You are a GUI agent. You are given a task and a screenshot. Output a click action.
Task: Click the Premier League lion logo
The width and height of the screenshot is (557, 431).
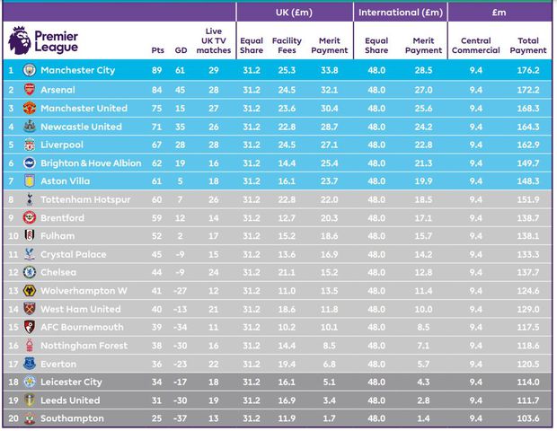pos(19,40)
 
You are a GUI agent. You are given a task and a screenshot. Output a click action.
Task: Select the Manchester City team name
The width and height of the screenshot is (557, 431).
pos(79,70)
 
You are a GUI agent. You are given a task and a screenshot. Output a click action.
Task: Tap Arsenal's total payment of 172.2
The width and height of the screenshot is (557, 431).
pos(527,90)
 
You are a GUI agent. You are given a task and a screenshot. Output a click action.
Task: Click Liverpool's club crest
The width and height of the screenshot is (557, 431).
pos(29,145)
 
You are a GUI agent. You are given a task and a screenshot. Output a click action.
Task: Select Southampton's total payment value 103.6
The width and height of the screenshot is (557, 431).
pos(527,418)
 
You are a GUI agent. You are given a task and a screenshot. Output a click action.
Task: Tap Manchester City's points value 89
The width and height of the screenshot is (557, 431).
pos(158,70)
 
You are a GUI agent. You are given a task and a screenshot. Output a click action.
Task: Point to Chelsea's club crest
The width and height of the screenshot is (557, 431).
pos(29,272)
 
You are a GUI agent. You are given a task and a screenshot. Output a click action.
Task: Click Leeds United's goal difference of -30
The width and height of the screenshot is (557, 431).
pos(181,400)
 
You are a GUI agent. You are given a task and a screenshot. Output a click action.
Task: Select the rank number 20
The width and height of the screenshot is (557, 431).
pos(11,418)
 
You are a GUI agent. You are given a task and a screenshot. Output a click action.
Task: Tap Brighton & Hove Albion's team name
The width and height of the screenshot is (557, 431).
pos(90,163)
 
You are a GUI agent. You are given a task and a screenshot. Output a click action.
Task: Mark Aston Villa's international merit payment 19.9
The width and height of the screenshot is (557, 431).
pos(423,181)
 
